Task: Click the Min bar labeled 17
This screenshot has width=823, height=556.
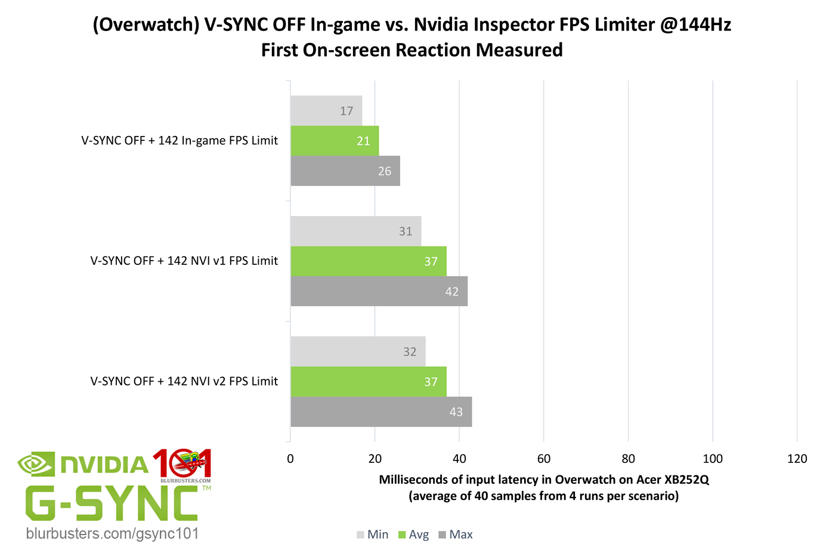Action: [x=326, y=111]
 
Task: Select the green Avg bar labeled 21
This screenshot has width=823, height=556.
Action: [x=335, y=141]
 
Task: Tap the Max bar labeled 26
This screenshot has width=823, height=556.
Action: [x=345, y=171]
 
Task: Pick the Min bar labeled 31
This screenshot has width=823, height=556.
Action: [x=356, y=231]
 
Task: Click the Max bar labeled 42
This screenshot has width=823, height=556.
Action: [x=379, y=291]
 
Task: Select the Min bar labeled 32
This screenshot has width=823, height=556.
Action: [x=358, y=351]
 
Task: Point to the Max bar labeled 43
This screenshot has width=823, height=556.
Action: [x=381, y=412]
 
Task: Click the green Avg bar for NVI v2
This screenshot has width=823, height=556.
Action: [x=369, y=382]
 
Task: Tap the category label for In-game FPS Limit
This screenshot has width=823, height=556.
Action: [x=180, y=141]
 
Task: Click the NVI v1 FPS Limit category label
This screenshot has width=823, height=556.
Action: [x=184, y=261]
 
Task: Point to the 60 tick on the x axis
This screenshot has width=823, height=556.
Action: [x=544, y=459]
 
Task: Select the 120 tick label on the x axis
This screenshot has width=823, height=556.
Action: [x=797, y=459]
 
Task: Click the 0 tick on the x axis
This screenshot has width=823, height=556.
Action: [x=290, y=459]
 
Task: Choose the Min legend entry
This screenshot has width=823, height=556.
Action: [x=373, y=535]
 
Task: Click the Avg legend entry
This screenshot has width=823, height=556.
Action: [x=413, y=535]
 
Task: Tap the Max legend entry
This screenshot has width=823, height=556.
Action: [x=456, y=535]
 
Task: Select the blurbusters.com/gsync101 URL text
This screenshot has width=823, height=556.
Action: [x=112, y=533]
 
